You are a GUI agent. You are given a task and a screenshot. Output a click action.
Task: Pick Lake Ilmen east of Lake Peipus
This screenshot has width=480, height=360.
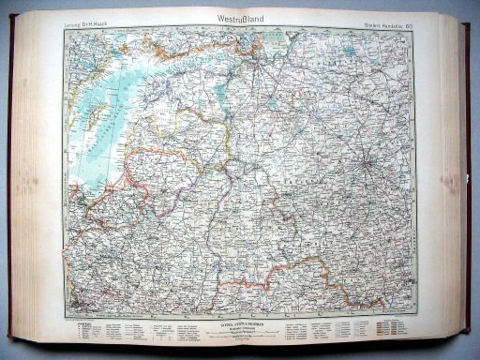[x=273, y=104]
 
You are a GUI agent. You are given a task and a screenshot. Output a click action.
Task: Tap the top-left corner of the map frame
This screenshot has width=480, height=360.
[x=65, y=27]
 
